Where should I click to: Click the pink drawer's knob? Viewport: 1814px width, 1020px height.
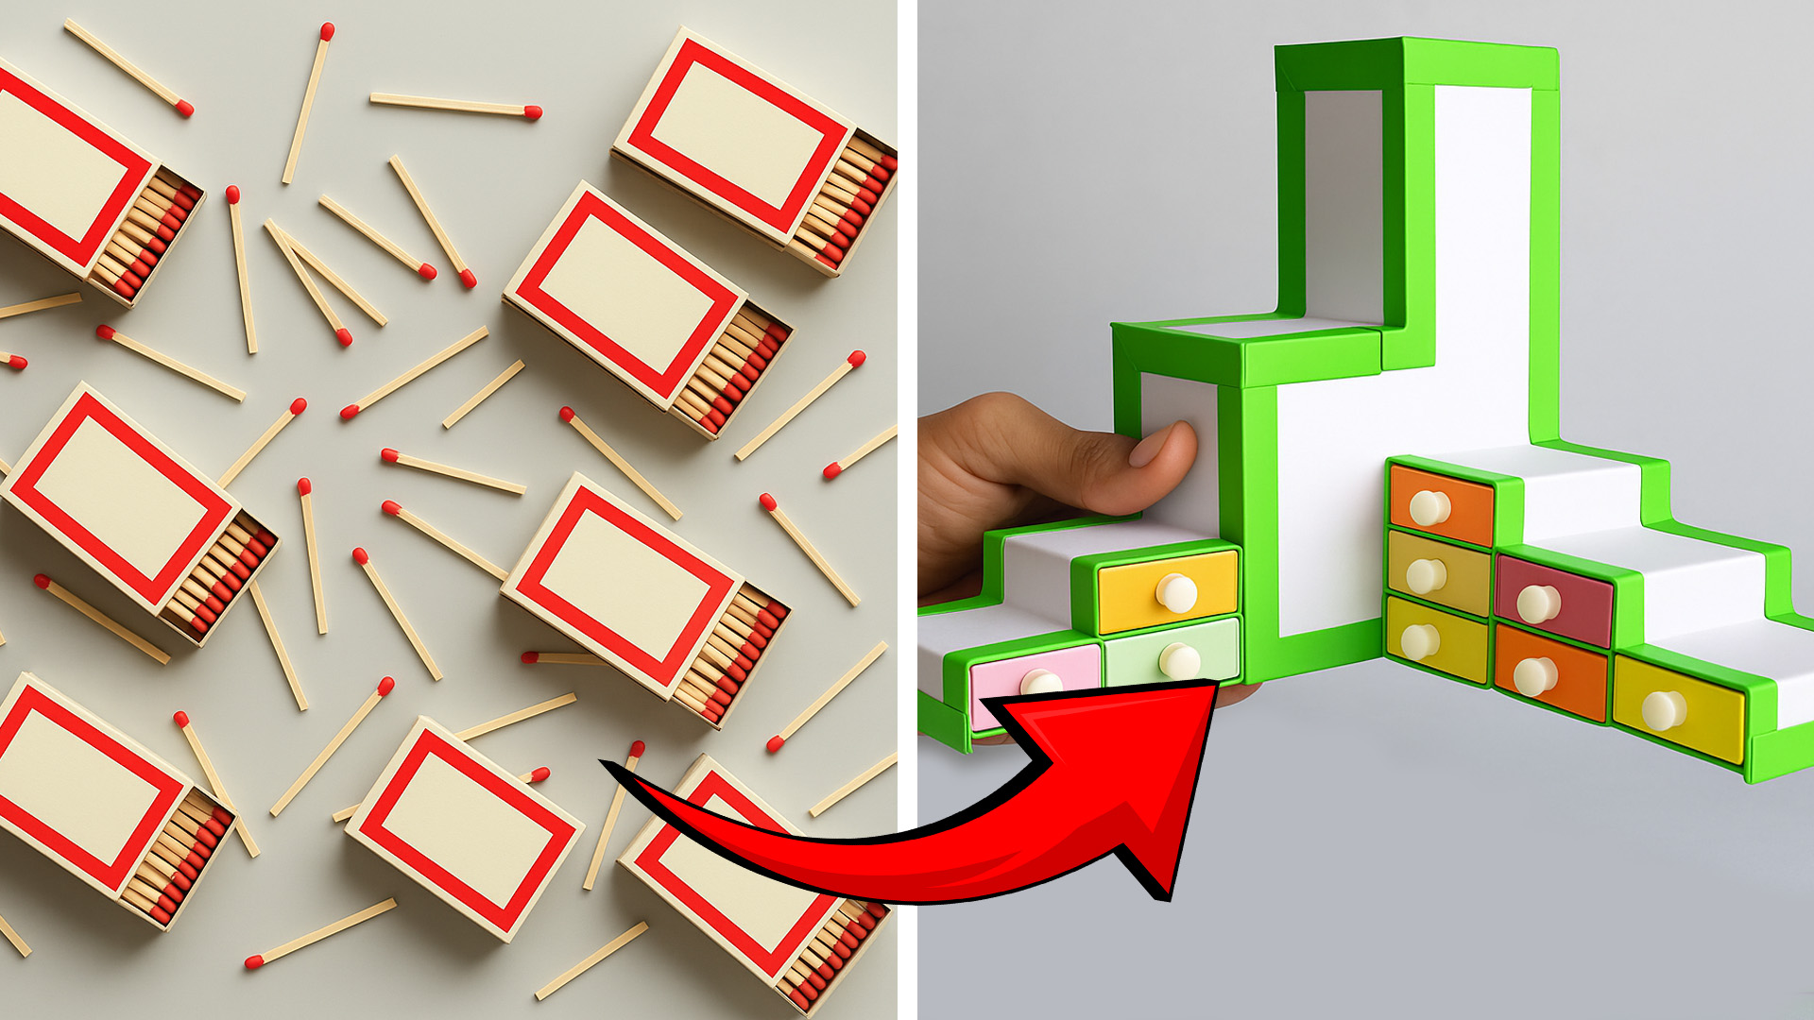click(x=1040, y=682)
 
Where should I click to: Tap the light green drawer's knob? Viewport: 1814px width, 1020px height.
click(x=1179, y=660)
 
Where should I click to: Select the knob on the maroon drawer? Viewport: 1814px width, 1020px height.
click(x=1537, y=603)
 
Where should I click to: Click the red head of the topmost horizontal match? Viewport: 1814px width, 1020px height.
click(x=533, y=112)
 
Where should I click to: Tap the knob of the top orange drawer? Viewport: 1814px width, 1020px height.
click(x=1429, y=507)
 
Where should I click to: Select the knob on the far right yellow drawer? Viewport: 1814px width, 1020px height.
click(x=1663, y=710)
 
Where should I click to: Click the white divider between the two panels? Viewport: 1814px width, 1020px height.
click(x=907, y=510)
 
